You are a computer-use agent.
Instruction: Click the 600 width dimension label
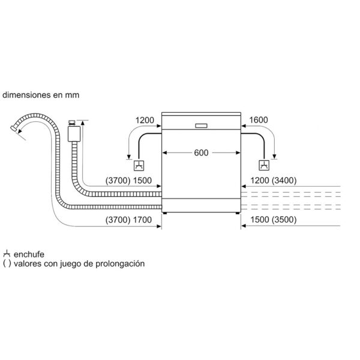(x=201, y=152)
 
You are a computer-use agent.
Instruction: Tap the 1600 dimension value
(x=258, y=120)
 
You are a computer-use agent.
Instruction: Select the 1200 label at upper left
(x=145, y=120)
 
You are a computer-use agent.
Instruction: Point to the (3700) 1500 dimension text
(x=128, y=181)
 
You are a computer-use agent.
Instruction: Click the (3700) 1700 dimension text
(x=128, y=220)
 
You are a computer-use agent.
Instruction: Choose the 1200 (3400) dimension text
(x=273, y=181)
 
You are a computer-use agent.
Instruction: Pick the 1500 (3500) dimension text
(x=273, y=220)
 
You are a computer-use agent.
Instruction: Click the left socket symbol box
(x=139, y=166)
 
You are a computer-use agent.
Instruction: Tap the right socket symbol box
(x=264, y=166)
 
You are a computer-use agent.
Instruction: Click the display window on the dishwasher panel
(x=201, y=126)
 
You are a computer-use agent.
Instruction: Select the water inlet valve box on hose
(x=74, y=134)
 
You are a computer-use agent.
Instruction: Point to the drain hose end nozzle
(x=14, y=128)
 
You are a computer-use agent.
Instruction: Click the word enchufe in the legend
(x=29, y=254)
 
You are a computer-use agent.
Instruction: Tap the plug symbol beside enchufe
(x=7, y=254)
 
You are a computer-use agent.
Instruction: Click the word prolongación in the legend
(x=120, y=263)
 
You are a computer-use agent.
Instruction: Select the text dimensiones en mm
(x=41, y=95)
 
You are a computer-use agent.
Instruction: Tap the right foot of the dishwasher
(x=237, y=213)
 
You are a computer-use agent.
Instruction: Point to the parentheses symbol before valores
(x=7, y=263)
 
